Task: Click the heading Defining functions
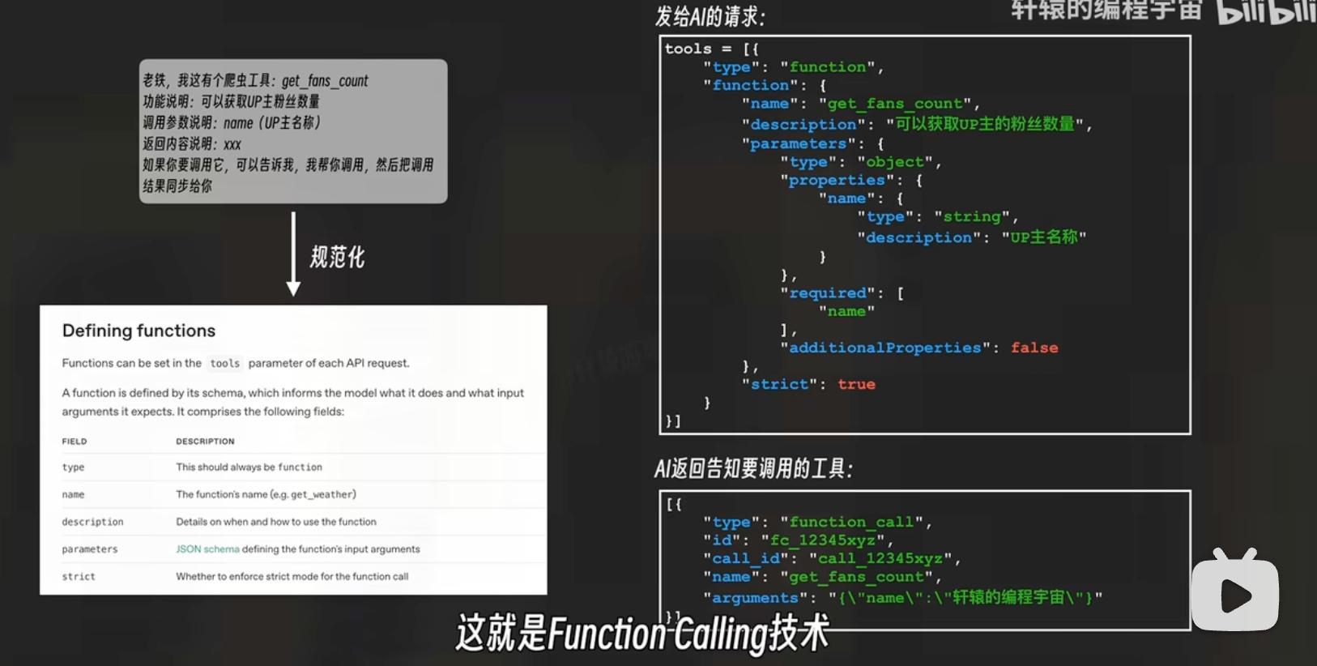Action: pyautogui.click(x=139, y=331)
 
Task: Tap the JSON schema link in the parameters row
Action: pyautogui.click(x=207, y=549)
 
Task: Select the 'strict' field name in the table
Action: pyautogui.click(x=79, y=577)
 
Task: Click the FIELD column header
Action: pyautogui.click(x=74, y=442)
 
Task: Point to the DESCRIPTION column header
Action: pyautogui.click(x=205, y=442)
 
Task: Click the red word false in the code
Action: pyautogui.click(x=1034, y=348)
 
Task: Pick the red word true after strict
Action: pyautogui.click(x=856, y=384)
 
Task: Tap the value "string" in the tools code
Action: pyautogui.click(x=972, y=216)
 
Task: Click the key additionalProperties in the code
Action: pyautogui.click(x=884, y=348)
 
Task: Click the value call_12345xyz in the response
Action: pyautogui.click(x=880, y=558)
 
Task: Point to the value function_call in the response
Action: pyautogui.click(x=851, y=522)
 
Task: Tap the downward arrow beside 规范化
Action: pyautogui.click(x=293, y=254)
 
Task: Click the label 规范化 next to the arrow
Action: pyautogui.click(x=338, y=258)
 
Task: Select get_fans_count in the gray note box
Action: pyautogui.click(x=325, y=81)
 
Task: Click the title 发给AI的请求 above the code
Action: pyautogui.click(x=710, y=17)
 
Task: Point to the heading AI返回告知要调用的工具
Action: pyautogui.click(x=753, y=469)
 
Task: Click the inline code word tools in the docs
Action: pyautogui.click(x=224, y=364)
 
